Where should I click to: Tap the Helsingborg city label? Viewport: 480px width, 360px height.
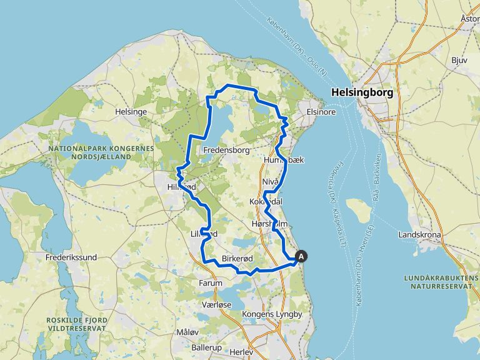pyautogui.click(x=362, y=92)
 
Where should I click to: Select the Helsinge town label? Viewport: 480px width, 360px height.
pyautogui.click(x=131, y=111)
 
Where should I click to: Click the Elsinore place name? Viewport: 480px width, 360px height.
pyautogui.click(x=321, y=112)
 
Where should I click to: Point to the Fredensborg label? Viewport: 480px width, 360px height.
pyautogui.click(x=227, y=150)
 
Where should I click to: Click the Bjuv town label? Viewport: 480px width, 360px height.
pyautogui.click(x=459, y=61)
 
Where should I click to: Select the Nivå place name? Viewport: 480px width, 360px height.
pyautogui.click(x=270, y=181)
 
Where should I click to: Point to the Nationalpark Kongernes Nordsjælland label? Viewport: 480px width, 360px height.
pyautogui.click(x=100, y=153)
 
